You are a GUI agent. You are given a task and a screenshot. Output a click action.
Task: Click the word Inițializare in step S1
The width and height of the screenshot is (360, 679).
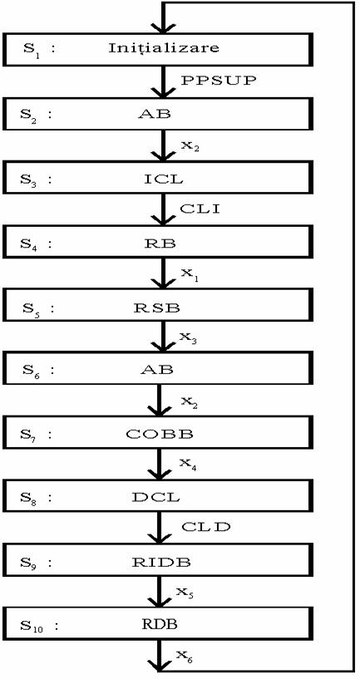[x=164, y=47]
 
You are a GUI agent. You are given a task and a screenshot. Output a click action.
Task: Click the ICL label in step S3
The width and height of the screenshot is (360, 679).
[x=163, y=179]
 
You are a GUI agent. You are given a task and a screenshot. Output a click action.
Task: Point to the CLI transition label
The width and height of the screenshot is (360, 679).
[x=200, y=209]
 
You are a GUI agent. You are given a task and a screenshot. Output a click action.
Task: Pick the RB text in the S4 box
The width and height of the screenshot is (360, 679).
[x=160, y=243]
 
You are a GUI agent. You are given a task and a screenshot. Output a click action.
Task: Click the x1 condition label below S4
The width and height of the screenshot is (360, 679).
[x=188, y=275]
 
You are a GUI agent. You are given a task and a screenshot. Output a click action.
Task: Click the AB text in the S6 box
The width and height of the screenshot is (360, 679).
[x=156, y=369]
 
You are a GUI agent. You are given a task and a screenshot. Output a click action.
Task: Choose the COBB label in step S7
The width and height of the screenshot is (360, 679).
[x=160, y=435]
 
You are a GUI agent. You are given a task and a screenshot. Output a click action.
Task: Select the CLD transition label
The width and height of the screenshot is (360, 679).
[x=206, y=527]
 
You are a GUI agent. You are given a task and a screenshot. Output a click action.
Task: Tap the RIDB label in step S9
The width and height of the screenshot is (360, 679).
[x=161, y=562]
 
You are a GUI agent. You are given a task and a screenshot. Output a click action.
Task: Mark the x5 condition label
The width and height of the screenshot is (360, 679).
[x=185, y=593]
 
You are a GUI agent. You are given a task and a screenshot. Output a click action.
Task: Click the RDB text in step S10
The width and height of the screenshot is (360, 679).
[x=160, y=624]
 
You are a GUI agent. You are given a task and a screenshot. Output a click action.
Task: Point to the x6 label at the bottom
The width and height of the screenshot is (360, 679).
[x=185, y=657]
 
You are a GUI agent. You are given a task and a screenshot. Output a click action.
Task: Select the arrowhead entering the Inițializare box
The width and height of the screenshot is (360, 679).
[x=162, y=27]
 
